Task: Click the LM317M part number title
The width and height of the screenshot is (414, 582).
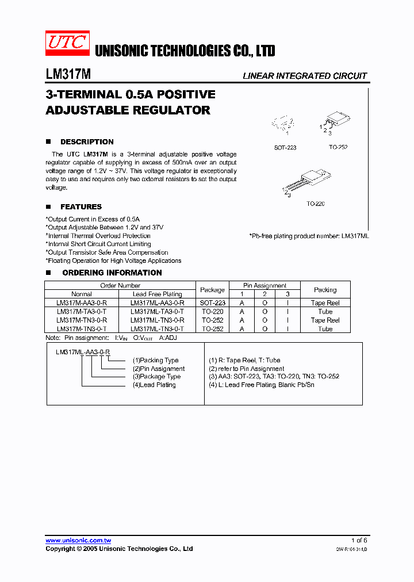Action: pos(67,75)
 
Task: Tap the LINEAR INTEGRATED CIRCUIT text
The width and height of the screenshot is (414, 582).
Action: pos(305,76)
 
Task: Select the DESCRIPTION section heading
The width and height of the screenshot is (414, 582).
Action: pos(87,141)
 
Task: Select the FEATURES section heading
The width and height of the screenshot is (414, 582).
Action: pos(81,206)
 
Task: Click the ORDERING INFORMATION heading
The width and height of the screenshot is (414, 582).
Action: pos(112,273)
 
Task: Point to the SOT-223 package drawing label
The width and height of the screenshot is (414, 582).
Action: pos(285,148)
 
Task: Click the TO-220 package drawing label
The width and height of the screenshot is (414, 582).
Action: pos(316,204)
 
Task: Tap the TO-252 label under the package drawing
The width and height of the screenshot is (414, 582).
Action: pos(338,147)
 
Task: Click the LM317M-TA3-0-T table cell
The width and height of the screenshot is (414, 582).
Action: pos(82,311)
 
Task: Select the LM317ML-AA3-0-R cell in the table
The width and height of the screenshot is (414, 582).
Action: pos(158,303)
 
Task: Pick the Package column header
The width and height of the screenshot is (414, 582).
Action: pos(212,290)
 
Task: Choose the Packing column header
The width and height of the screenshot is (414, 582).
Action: pos(325,290)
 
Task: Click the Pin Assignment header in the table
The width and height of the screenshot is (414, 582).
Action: pos(265,285)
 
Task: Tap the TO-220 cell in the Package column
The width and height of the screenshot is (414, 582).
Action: pos(212,311)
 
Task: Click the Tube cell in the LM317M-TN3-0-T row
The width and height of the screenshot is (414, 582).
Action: pos(325,329)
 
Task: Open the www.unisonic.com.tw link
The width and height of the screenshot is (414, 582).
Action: pos(78,541)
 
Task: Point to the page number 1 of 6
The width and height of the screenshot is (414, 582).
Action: pos(359,541)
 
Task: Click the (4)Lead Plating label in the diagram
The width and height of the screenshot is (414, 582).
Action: pos(154,385)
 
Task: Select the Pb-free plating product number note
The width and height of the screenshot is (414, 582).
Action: pos(309,236)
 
